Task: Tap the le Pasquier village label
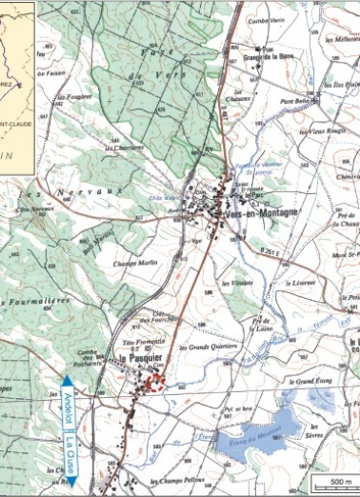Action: coord(135,359)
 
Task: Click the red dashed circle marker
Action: coord(154,384)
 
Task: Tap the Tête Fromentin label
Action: coord(139,342)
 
